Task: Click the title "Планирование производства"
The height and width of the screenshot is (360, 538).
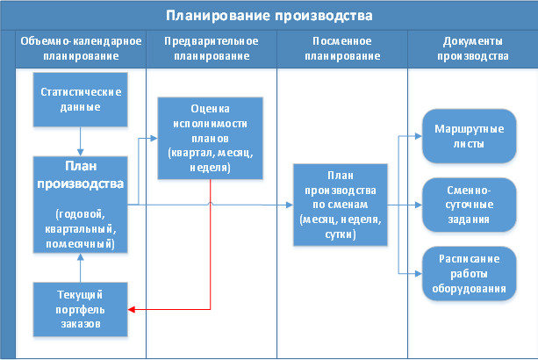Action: click(x=269, y=16)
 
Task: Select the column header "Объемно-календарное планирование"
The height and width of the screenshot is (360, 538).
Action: click(x=80, y=49)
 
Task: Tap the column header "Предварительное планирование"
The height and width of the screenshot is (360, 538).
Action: click(x=210, y=49)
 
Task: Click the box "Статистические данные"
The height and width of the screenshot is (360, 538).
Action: click(x=80, y=100)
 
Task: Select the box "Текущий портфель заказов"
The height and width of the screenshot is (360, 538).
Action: click(x=80, y=309)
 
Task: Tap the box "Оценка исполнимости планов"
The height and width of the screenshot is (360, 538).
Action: click(x=210, y=139)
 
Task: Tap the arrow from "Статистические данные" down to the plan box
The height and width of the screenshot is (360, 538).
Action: click(x=80, y=140)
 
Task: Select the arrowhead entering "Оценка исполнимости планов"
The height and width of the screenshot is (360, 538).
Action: click(x=154, y=139)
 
